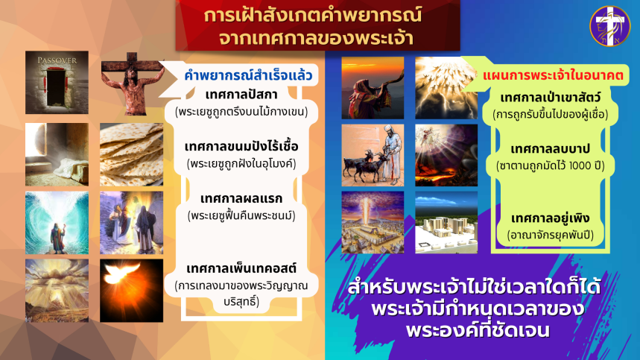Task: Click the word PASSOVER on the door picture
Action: [x=57, y=61]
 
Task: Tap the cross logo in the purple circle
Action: [x=609, y=26]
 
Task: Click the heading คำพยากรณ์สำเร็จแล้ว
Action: [x=248, y=75]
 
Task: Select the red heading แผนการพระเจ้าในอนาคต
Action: [x=553, y=76]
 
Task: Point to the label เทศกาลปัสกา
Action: [x=241, y=95]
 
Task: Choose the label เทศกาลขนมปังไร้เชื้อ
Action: [x=241, y=146]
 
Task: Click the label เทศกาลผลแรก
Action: [x=241, y=199]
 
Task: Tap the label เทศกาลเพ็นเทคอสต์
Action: [x=241, y=268]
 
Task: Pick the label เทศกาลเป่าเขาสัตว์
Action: [x=550, y=98]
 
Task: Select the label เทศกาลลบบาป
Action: [x=550, y=149]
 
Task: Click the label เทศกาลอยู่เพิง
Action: [x=550, y=218]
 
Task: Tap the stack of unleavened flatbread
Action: [x=131, y=154]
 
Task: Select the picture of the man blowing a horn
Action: [x=373, y=88]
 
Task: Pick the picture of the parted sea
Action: [x=57, y=223]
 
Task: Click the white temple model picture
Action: [x=446, y=222]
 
